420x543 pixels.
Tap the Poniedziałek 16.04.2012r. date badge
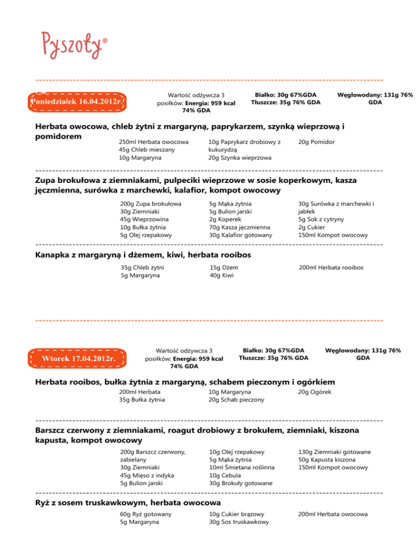click(x=78, y=102)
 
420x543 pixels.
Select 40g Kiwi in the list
click(x=219, y=276)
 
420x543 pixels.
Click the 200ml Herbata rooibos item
click(x=331, y=268)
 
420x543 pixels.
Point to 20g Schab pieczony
click(x=237, y=400)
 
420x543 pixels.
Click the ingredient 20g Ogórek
click(x=315, y=392)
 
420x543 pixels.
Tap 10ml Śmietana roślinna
click(x=242, y=468)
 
